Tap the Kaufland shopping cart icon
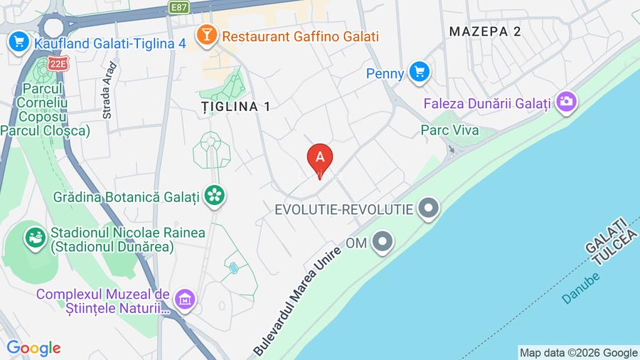(x=18, y=42)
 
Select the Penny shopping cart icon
(x=420, y=72)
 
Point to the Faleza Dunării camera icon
(x=567, y=102)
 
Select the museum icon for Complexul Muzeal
(x=184, y=299)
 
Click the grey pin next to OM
(x=383, y=243)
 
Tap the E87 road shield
(x=180, y=6)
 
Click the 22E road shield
(x=58, y=64)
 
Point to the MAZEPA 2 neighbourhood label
(x=486, y=31)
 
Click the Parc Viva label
(x=449, y=130)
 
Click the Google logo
(x=33, y=348)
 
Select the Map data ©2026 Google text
(x=578, y=352)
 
